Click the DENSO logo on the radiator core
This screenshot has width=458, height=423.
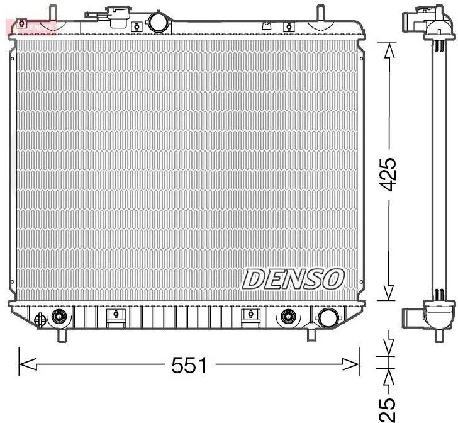tap(294, 279)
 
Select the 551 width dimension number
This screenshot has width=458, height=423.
tap(189, 364)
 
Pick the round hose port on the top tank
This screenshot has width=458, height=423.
tap(158, 23)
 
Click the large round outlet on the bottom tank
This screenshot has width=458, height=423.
tap(328, 318)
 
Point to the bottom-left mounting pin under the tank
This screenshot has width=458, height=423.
tap(62, 335)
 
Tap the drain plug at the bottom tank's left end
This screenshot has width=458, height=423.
tap(40, 319)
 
